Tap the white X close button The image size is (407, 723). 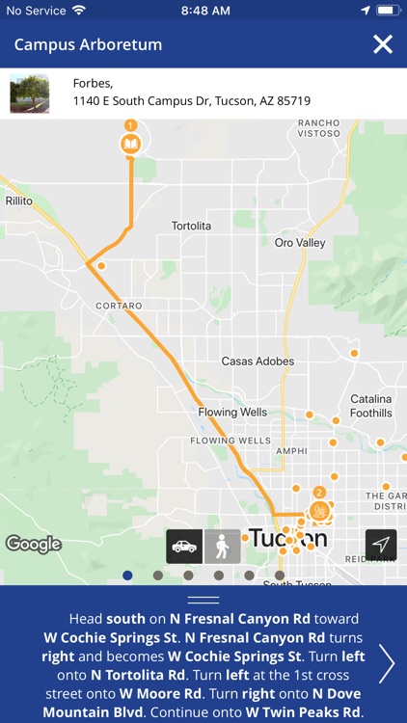383,44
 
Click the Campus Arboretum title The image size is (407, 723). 88,45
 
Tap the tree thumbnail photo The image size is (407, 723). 30,94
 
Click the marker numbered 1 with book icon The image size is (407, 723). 130,142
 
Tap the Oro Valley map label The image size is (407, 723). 300,243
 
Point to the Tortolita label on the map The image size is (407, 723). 191,226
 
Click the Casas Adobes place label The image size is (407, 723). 251,361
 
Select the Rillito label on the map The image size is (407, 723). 19,201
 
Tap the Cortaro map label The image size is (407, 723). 119,306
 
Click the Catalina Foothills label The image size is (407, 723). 370,406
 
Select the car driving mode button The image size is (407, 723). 184,546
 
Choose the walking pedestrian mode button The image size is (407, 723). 223,546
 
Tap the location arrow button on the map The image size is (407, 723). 381,546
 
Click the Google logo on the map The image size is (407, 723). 34,544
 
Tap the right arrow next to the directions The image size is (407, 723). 387,663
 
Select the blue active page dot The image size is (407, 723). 127,576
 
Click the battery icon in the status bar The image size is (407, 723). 388,10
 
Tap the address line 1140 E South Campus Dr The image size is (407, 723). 192,100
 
